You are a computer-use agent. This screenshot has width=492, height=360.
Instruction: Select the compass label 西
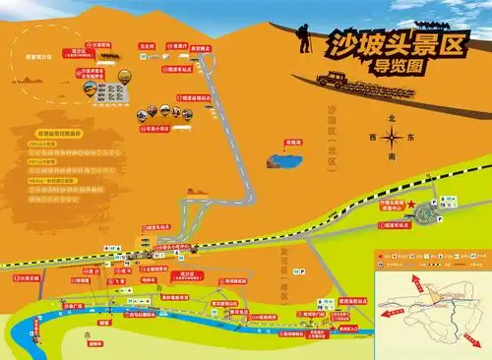click(x=371, y=138)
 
